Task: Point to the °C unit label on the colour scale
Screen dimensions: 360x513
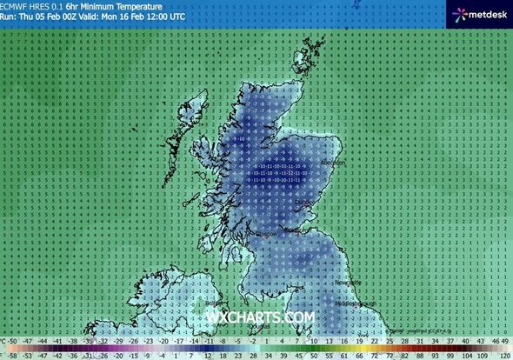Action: (3, 342)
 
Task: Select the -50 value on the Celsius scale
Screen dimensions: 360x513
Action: (14, 343)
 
